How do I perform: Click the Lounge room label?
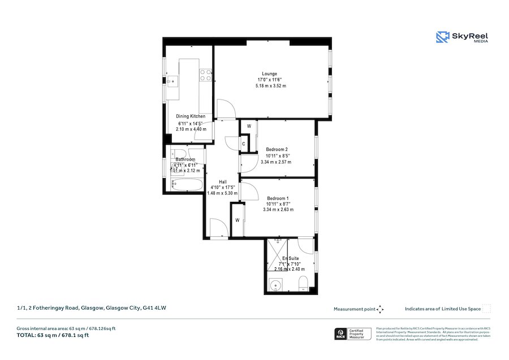(x=269, y=74)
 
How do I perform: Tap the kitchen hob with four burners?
(x=205, y=72)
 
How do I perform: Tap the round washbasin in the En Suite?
(x=277, y=284)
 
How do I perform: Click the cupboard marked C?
(x=243, y=144)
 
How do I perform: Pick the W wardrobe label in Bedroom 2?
(x=248, y=125)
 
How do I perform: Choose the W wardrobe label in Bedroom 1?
(x=238, y=220)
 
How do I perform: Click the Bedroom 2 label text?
(x=277, y=149)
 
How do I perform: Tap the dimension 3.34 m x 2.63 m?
(x=279, y=210)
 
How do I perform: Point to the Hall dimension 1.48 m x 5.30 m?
(x=222, y=193)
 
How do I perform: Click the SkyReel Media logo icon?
(x=442, y=37)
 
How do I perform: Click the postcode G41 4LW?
(x=154, y=308)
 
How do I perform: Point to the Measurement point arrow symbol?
(x=380, y=309)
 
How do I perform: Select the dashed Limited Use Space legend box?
(x=486, y=309)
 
